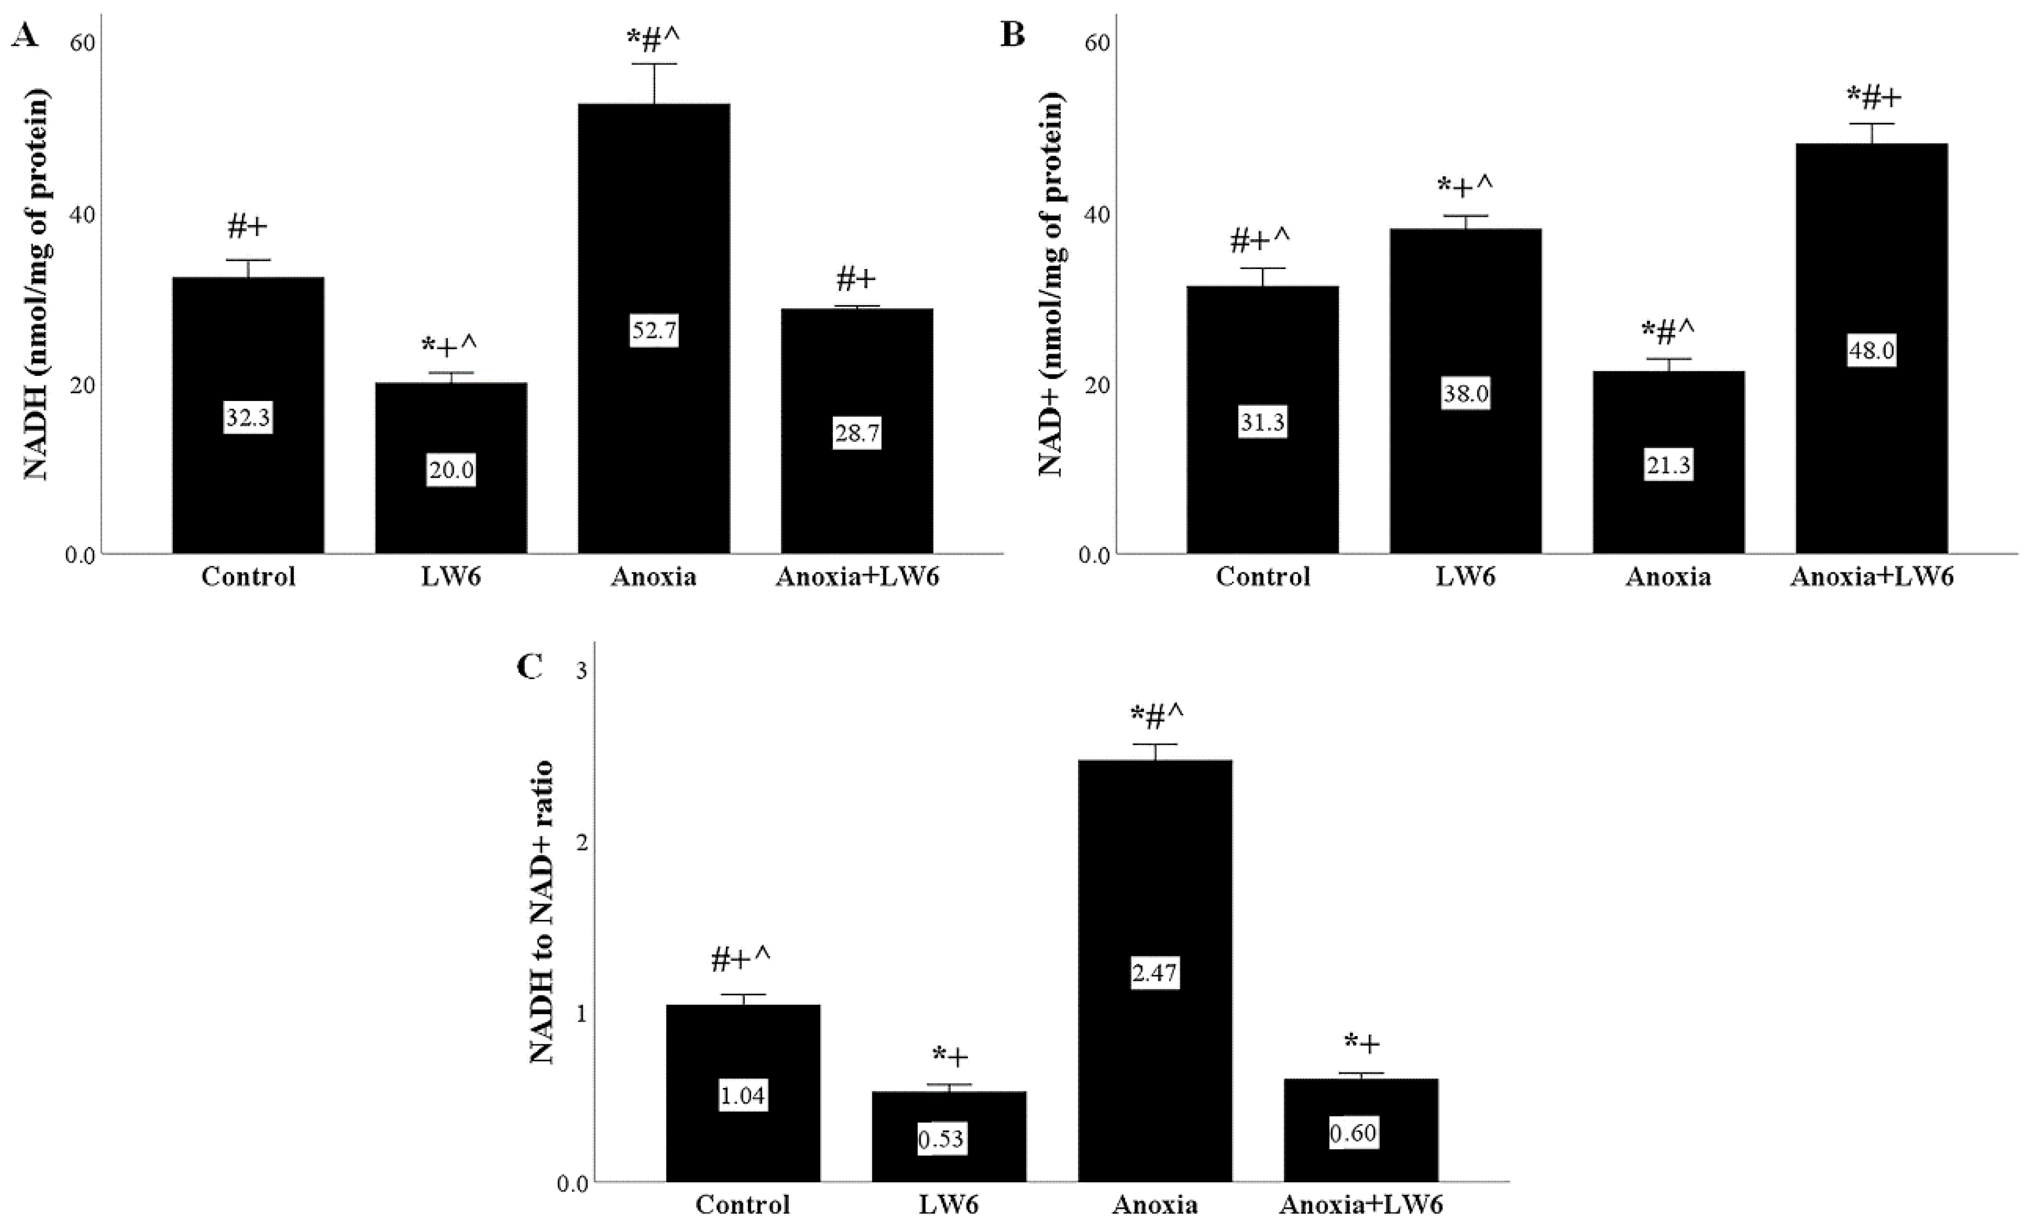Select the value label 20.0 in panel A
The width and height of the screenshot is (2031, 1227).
click(x=451, y=470)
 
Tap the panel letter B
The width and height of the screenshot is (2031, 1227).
click(x=1012, y=35)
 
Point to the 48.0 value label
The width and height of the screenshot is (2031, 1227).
click(x=1871, y=350)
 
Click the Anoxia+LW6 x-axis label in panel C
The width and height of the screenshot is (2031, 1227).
click(x=1361, y=1205)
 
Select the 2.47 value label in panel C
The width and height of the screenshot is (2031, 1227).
click(x=1154, y=972)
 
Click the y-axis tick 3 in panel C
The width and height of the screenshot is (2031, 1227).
click(x=581, y=671)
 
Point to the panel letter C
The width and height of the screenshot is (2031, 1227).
click(x=529, y=666)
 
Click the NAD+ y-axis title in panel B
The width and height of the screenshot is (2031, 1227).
click(x=1050, y=285)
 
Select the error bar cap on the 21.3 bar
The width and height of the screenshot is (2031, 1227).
click(x=1668, y=359)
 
